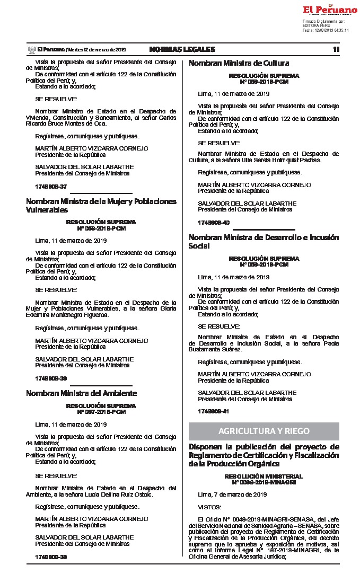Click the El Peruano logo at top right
(330, 10)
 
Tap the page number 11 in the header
(336, 49)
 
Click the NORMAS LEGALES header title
(182, 49)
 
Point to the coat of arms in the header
(31, 49)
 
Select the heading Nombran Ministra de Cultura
(231, 63)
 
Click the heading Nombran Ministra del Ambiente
(81, 393)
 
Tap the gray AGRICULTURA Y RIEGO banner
(264, 431)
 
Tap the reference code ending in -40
(214, 222)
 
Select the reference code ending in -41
(214, 411)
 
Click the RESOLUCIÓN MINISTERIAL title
(264, 476)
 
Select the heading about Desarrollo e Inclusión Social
(264, 242)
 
